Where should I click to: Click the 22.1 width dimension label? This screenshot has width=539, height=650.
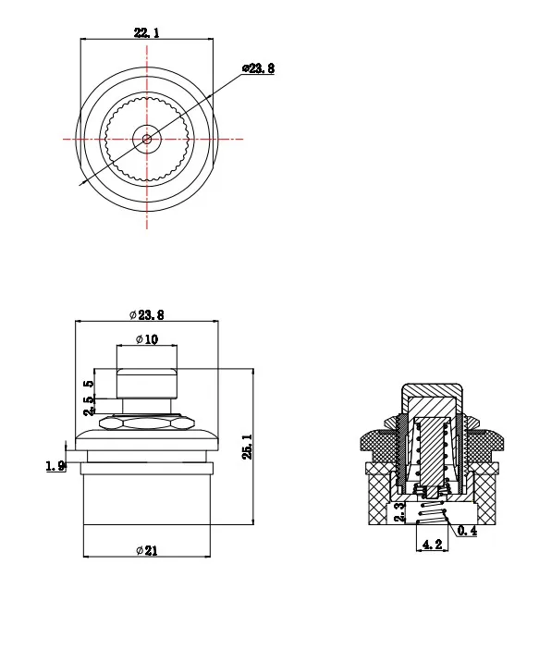[x=146, y=32]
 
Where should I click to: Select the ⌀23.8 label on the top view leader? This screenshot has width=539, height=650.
[x=258, y=68]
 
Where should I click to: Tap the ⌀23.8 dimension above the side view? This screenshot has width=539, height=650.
[x=146, y=315]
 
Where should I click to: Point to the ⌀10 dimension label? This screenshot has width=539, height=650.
[x=147, y=339]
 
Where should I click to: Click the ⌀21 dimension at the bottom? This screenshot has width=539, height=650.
[x=147, y=550]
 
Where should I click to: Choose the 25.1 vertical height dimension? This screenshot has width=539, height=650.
[x=247, y=447]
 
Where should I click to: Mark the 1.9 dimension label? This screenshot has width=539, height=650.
[x=55, y=466]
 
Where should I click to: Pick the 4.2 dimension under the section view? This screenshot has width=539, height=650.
[x=432, y=545]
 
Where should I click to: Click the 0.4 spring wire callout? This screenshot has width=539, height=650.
[x=467, y=531]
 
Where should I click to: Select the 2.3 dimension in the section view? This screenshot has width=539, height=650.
[x=398, y=512]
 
